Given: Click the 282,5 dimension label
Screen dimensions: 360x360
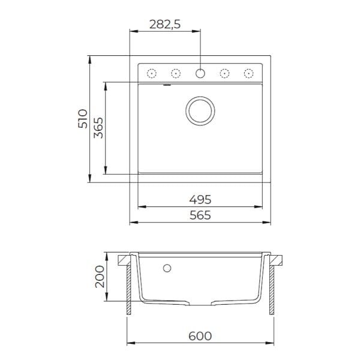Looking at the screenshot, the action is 165,24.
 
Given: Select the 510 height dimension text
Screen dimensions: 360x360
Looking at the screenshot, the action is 83,119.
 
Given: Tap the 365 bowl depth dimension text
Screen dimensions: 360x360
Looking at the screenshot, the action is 98,128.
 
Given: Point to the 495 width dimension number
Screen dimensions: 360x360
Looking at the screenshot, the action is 200,200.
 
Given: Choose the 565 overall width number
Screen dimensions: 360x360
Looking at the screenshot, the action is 200,215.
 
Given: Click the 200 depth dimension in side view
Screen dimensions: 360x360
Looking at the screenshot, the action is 100,277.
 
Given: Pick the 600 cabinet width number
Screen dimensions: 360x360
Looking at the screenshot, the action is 200,336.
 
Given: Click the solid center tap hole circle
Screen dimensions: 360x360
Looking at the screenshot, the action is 200,73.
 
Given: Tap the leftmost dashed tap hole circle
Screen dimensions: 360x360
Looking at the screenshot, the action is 152,73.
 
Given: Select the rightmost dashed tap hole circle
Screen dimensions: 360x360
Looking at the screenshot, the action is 248,73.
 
